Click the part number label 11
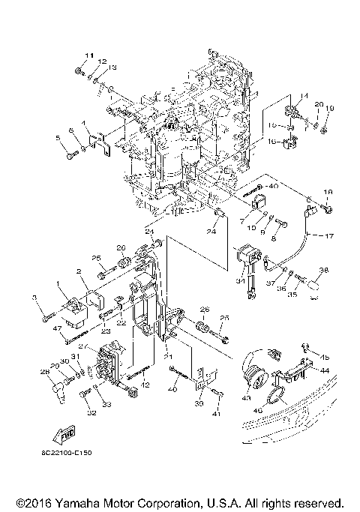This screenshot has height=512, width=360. pos(87,55)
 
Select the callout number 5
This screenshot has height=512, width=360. pos(57,138)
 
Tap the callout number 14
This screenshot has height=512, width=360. pos(304,95)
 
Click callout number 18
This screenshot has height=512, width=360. pos(327,193)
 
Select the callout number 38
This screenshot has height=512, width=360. pos(324,271)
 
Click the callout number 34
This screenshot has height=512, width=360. pos(240,281)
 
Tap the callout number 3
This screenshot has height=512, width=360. pos(34,299)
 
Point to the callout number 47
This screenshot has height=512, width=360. pos(35,328)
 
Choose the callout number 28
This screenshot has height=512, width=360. pos(44,371)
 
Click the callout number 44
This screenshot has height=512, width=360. pos(325,370)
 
